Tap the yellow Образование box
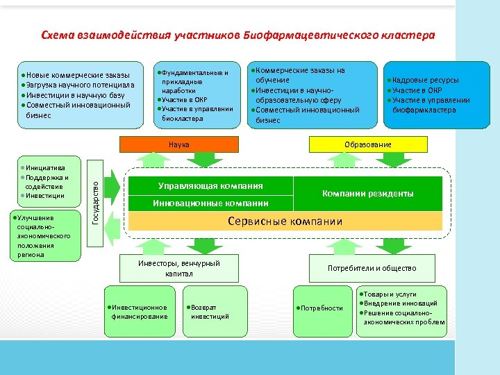pyautogui.click(x=367, y=144)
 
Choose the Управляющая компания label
pyautogui.click(x=210, y=185)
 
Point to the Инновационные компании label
pyautogui.click(x=210, y=203)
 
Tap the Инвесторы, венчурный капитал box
pyautogui.click(x=179, y=269)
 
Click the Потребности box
pyautogui.click(x=321, y=308)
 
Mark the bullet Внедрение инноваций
pyautogui.click(x=400, y=303)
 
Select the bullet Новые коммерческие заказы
pyautogui.click(x=76, y=76)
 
